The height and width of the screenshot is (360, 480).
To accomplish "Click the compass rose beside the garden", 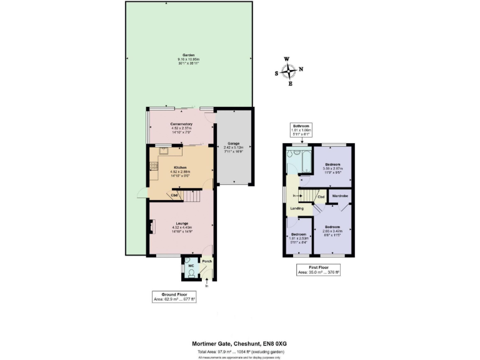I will [x=288, y=71].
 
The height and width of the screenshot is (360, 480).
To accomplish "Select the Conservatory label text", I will [x=181, y=124].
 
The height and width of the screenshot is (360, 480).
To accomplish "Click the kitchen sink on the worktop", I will [x=164, y=149].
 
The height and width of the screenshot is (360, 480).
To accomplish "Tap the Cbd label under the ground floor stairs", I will [x=174, y=196].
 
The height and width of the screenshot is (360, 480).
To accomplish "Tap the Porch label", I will [x=206, y=261].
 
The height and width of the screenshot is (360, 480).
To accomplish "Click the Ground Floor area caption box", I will [x=174, y=296].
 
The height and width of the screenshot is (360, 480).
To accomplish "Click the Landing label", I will [x=297, y=208].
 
